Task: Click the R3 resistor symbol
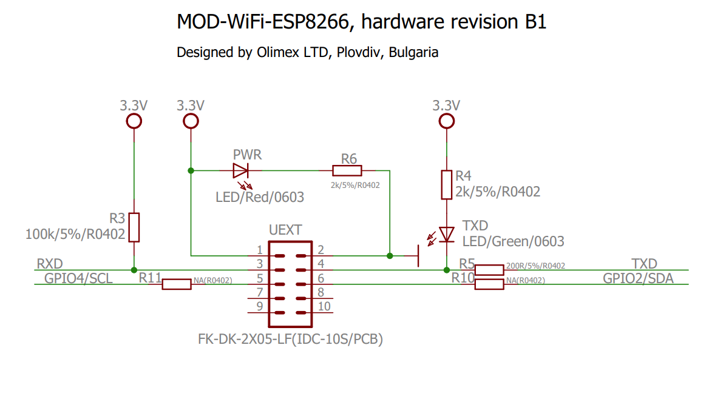[x=134, y=227]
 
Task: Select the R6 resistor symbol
[x=347, y=171]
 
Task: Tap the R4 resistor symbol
[x=447, y=184]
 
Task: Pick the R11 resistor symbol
[x=177, y=284]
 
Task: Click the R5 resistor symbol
[x=489, y=270]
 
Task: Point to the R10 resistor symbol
[x=489, y=284]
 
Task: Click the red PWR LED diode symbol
[x=241, y=170]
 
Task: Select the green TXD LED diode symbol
[x=447, y=234]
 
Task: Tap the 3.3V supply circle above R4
[x=447, y=121]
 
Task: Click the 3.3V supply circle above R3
[x=134, y=121]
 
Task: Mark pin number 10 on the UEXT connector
[x=324, y=306]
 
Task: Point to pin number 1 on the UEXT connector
[x=259, y=250]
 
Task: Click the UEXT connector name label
[x=285, y=230]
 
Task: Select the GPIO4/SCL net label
[x=78, y=278]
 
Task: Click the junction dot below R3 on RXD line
[x=134, y=270]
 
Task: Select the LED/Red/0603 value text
[x=260, y=197]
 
